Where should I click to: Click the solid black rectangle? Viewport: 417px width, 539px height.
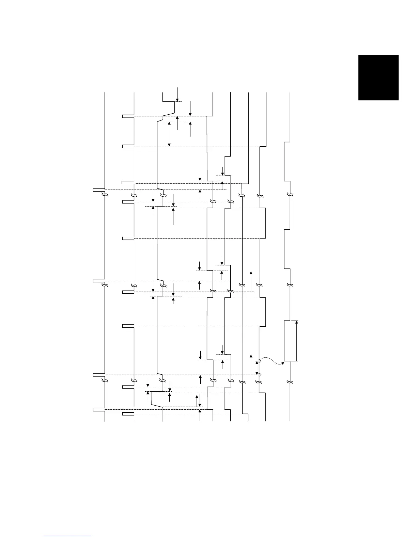click(378, 78)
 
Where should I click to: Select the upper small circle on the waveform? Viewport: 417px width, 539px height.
click(259, 361)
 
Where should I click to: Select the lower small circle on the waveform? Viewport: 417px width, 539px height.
click(259, 375)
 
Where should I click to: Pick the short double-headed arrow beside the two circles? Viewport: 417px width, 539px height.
click(257, 368)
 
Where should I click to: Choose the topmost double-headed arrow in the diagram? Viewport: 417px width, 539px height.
click(169, 134)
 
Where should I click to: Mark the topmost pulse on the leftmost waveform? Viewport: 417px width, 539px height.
click(99, 190)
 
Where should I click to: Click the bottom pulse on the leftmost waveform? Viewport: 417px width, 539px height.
click(99, 409)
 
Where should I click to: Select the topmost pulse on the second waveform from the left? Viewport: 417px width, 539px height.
click(128, 116)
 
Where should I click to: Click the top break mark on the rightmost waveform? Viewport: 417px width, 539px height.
click(290, 195)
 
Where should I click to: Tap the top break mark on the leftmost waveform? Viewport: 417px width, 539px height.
click(105, 195)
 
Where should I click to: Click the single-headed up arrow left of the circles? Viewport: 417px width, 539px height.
click(251, 364)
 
